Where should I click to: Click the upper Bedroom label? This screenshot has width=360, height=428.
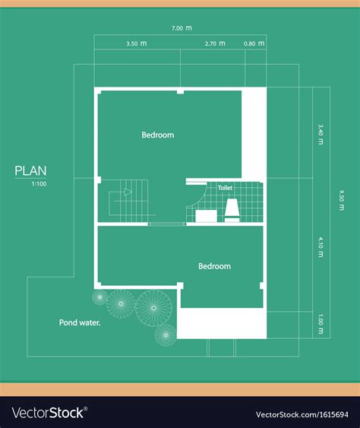point(158,135)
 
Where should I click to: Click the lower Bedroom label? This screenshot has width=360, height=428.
point(214,266)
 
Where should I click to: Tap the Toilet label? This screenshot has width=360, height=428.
point(225,187)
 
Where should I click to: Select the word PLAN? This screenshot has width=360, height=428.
point(30,171)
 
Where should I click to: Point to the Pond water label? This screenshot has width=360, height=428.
point(80,322)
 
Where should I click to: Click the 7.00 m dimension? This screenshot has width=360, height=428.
point(182,28)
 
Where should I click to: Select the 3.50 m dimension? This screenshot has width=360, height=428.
point(137,44)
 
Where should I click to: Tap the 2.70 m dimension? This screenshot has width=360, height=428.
point(215,44)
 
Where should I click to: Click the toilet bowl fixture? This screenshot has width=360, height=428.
point(232,209)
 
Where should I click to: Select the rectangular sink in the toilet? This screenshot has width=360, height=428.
point(205,216)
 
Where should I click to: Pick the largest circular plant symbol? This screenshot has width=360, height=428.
point(153,306)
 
